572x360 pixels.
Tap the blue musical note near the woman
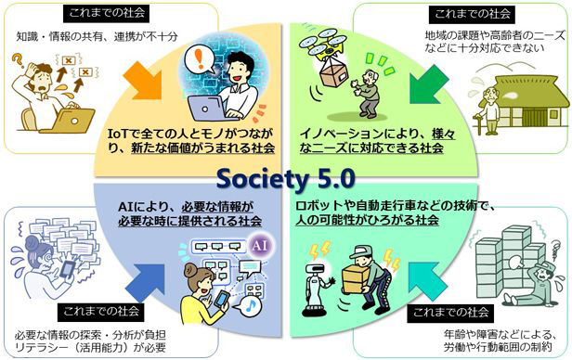pyautogui.click(x=265, y=278)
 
